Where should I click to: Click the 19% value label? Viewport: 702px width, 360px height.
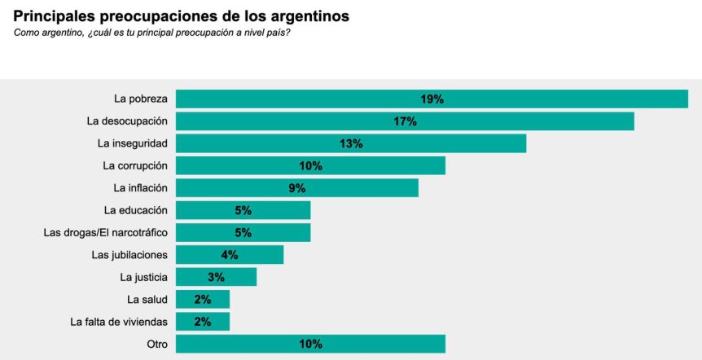[432, 99]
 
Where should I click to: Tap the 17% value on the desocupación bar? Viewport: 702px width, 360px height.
[405, 121]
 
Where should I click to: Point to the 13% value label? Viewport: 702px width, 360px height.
[351, 143]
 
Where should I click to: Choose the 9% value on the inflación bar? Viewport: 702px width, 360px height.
[296, 188]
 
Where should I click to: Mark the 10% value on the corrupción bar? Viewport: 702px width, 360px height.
[310, 166]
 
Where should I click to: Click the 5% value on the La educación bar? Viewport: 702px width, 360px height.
[243, 210]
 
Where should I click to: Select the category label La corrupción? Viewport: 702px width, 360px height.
[135, 165]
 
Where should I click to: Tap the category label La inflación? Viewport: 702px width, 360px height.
[139, 188]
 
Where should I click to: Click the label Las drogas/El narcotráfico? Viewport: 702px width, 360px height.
[105, 232]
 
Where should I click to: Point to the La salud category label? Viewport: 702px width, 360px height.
[147, 299]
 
